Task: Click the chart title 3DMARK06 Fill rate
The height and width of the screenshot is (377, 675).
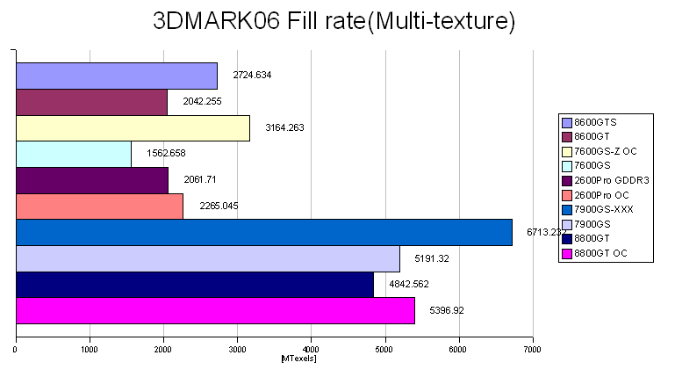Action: (334, 20)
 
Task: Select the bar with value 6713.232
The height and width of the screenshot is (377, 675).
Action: (263, 233)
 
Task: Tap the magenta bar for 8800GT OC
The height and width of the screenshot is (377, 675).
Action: (215, 311)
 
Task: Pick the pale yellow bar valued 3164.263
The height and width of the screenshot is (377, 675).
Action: (133, 128)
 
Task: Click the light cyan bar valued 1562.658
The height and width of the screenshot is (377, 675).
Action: (74, 155)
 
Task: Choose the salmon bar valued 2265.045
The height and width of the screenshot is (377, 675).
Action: (99, 207)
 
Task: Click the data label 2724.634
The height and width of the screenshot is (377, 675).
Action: (252, 76)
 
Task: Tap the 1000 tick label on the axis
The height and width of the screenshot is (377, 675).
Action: (89, 349)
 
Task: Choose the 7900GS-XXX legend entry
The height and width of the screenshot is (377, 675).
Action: (601, 209)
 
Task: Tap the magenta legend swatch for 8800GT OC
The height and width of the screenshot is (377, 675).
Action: (566, 254)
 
